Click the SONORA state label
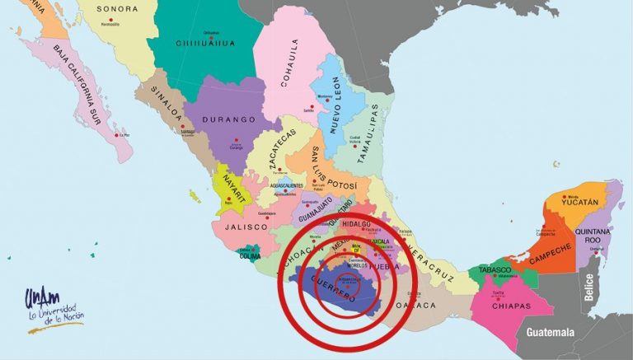[x=116, y=10]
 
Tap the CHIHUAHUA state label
[x=206, y=43]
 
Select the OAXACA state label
[x=416, y=305]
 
